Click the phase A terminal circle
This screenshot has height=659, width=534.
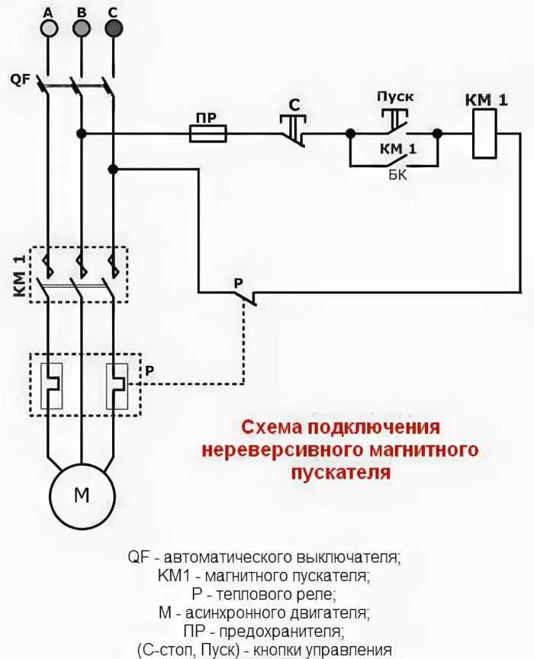pos(49,28)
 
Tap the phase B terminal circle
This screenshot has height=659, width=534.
pos(82,28)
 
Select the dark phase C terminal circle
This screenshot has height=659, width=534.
pos(114,28)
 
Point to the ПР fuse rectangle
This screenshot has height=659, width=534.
pos(208,134)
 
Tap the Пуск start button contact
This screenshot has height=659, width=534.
pos(394,121)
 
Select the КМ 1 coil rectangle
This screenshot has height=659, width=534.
pos(484,134)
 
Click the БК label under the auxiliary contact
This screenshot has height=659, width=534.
pos(397,175)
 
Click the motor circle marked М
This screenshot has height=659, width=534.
pos(82,496)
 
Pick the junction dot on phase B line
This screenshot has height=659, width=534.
pos(82,134)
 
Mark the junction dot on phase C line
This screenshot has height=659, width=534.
pos(113,169)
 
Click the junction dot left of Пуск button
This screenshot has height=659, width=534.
pos(350,134)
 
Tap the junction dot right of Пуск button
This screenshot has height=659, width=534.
pos(437,134)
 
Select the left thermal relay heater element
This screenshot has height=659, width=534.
pos(51,386)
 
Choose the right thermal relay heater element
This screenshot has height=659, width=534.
pos(117,386)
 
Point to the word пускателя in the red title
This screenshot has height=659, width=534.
pos(341,473)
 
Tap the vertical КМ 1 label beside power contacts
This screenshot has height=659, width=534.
pos(20,276)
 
